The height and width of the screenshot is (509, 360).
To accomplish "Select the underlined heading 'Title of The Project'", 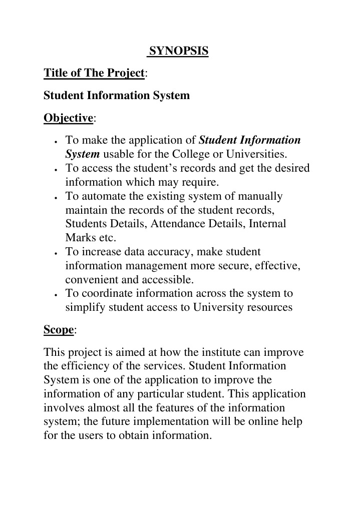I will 94,73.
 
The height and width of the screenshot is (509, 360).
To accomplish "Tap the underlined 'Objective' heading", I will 69,118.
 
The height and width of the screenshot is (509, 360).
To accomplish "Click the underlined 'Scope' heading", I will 59,330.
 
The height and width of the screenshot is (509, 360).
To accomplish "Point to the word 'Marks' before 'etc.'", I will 79,238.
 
